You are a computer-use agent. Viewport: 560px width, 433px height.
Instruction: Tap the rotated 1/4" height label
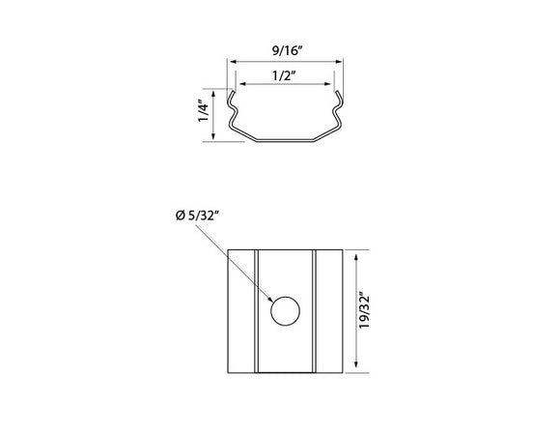(x=203, y=113)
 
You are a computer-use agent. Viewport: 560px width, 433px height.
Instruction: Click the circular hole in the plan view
(x=285, y=311)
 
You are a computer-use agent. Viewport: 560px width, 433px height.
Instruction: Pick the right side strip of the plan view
(x=329, y=311)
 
